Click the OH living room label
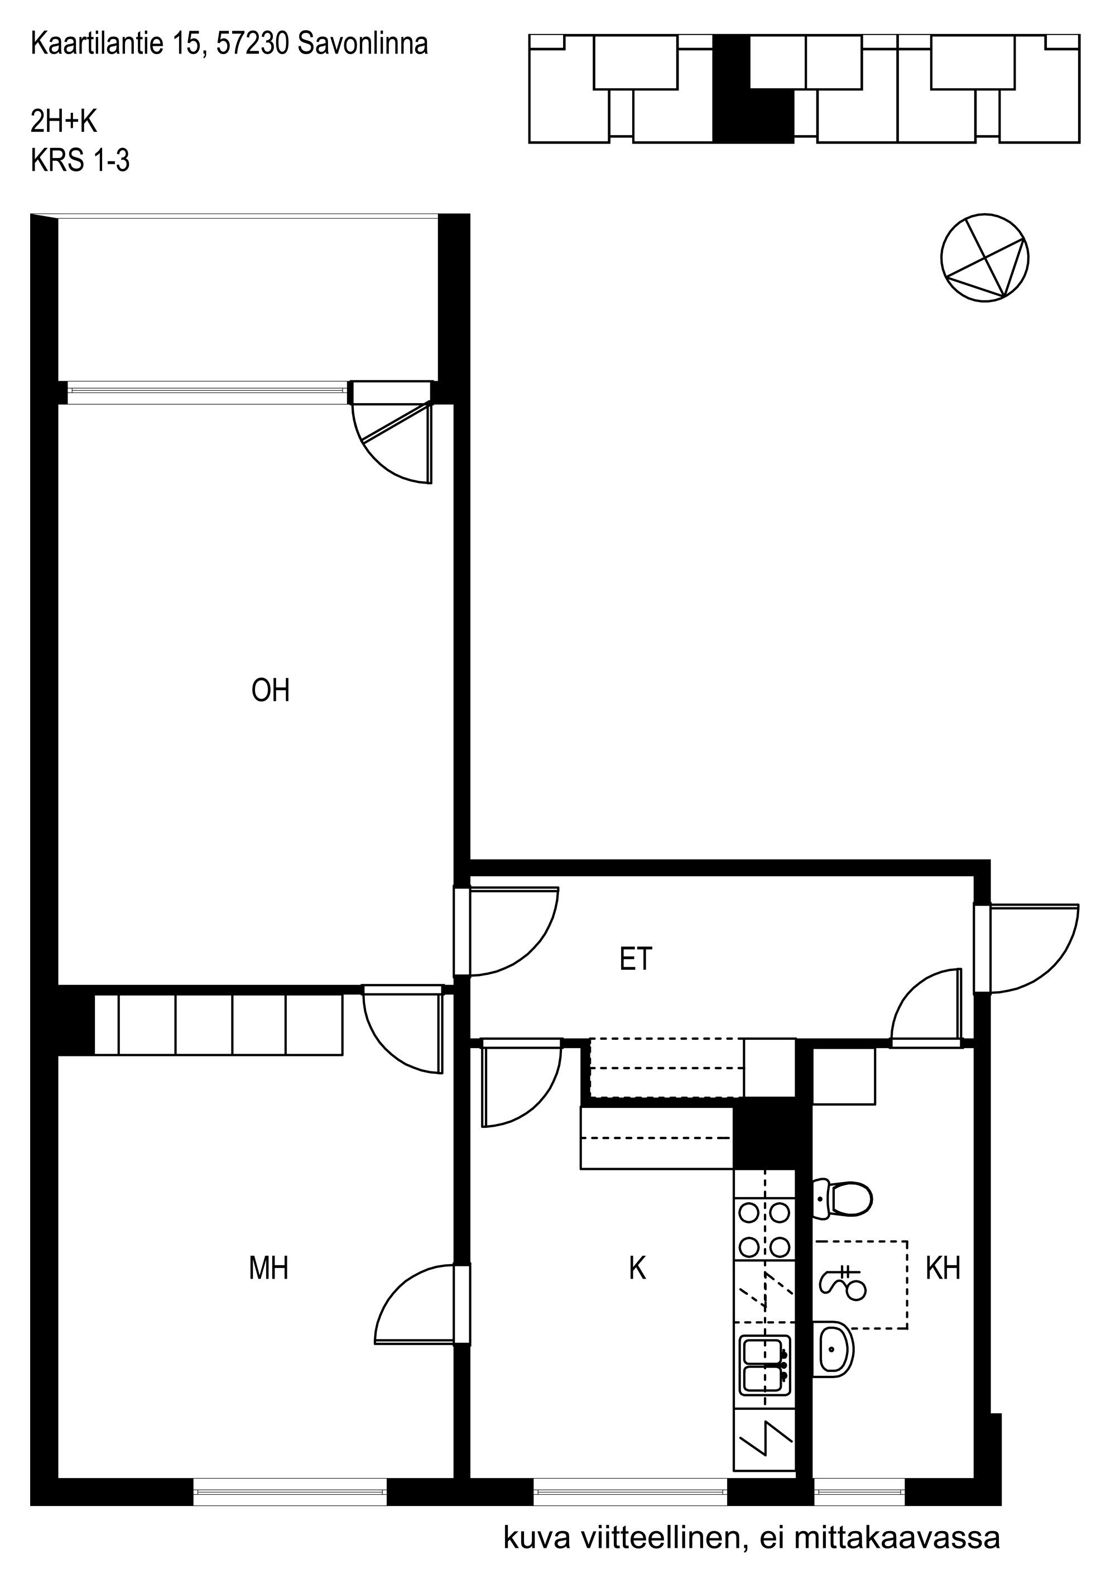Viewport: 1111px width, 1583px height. click(270, 690)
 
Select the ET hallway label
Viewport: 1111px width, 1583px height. click(636, 959)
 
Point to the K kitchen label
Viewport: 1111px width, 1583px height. click(637, 1268)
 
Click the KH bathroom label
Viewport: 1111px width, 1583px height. click(943, 1268)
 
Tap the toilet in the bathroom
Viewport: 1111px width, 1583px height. click(842, 1199)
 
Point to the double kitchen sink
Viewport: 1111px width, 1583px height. click(765, 1365)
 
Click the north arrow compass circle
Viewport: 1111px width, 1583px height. click(985, 257)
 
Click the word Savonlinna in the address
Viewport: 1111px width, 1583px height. click(363, 44)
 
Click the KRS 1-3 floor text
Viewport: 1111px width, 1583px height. click(80, 161)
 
